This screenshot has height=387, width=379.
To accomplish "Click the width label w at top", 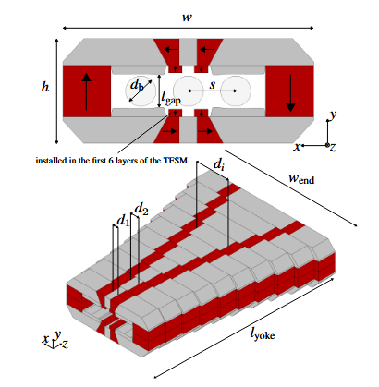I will (189, 16).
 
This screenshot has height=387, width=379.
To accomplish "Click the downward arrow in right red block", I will (290, 91).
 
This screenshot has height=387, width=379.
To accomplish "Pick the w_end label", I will (303, 180).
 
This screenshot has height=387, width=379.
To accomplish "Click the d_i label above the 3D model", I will (217, 164).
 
